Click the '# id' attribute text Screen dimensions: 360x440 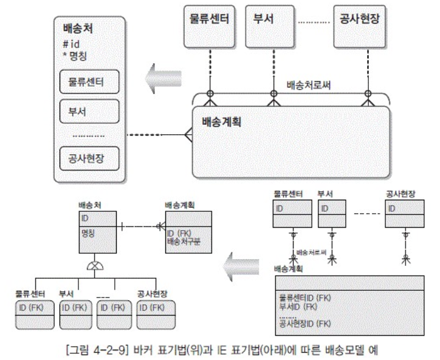coord(71,44)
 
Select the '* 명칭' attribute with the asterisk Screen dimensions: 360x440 coord(75,55)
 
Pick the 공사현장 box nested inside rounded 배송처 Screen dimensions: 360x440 coord(89,160)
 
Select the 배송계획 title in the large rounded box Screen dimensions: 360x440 coord(222,121)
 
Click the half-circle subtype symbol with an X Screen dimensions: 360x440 coord(94,265)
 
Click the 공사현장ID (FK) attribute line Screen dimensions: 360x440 coord(304,324)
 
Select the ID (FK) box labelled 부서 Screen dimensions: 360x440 coord(75,308)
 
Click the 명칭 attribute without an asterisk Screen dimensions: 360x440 coord(88,233)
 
